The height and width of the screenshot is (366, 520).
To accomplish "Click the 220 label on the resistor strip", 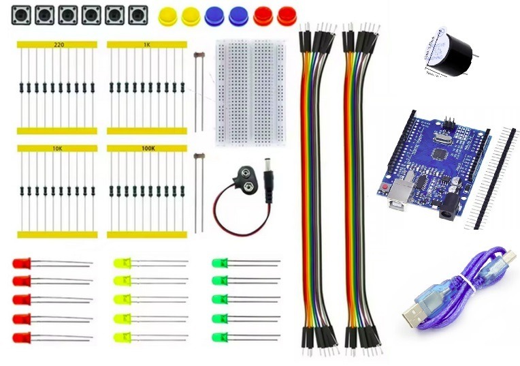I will point(59,44).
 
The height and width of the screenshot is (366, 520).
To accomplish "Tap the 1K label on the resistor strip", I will point(146,44).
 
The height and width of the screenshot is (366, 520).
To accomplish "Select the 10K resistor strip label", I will point(58,148).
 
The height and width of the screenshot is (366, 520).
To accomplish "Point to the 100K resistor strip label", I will point(146,148).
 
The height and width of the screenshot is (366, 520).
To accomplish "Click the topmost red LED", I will point(21,262).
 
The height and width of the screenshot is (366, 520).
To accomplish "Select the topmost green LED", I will point(219,262).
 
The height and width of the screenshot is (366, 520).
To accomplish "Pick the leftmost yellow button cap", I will point(167,16).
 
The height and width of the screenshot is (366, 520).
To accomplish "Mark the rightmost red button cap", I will point(287,16).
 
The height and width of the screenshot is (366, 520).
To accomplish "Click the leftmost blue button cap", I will point(214,16).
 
